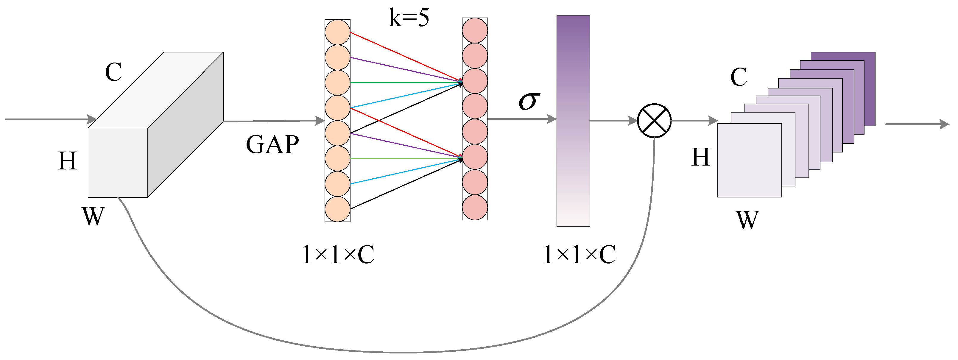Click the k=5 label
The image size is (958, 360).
click(409, 18)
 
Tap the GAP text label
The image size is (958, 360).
click(272, 145)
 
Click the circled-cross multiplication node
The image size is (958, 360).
click(654, 121)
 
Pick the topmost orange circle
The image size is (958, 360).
click(337, 32)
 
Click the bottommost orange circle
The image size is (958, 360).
click(337, 209)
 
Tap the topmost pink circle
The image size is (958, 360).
click(475, 30)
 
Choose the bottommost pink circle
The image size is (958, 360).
click(475, 207)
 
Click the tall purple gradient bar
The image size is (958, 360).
click(573, 121)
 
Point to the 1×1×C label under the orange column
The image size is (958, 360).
click(338, 255)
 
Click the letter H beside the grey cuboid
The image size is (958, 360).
click(67, 161)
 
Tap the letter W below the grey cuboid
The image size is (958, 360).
click(93, 216)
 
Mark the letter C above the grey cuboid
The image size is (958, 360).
click(113, 72)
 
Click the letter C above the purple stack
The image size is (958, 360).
click(739, 77)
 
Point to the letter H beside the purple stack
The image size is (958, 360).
click(701, 157)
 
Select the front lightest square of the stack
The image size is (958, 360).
click(749, 160)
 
